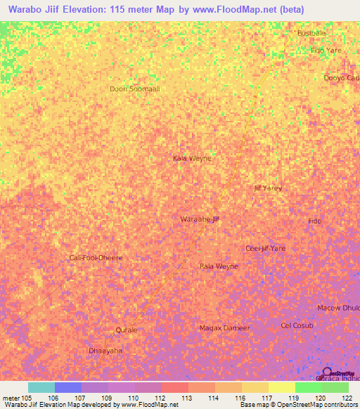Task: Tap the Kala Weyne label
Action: (x=192, y=158)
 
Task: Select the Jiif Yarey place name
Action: (x=268, y=188)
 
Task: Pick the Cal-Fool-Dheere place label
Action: (x=96, y=257)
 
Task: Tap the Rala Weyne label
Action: (x=219, y=266)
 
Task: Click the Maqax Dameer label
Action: (x=224, y=328)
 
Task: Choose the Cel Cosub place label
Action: (x=297, y=325)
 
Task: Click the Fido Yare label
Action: (x=326, y=51)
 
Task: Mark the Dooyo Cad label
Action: (x=341, y=78)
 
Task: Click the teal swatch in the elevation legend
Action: (x=41, y=387)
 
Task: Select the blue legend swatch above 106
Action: (x=67, y=387)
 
